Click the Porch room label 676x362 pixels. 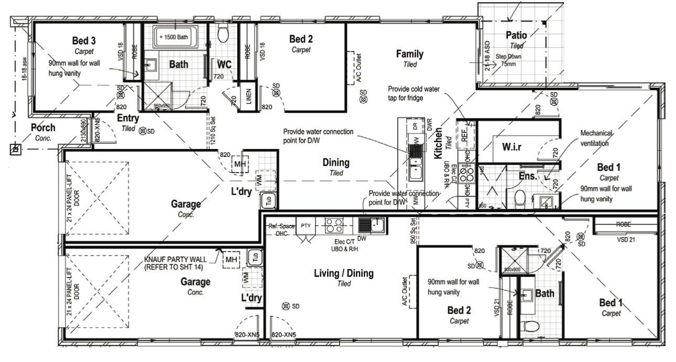click(x=43, y=127)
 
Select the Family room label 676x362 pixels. click(x=409, y=54)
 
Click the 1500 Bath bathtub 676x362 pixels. click(x=175, y=37)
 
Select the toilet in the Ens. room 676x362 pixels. click(x=519, y=199)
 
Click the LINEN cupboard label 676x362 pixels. click(x=248, y=99)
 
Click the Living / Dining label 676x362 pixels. click(x=343, y=273)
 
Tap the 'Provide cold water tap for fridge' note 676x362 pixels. click(x=413, y=92)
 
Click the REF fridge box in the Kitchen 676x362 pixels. click(x=464, y=134)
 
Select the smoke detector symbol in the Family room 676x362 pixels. click(x=363, y=93)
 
